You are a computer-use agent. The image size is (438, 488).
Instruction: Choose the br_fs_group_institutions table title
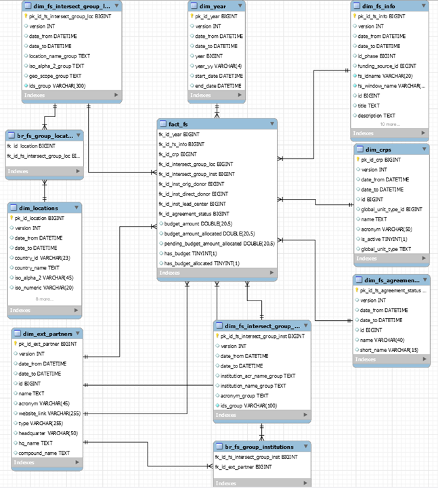pyautogui.click(x=259, y=447)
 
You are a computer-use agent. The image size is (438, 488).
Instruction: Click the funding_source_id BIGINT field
pyautogui.click(x=387, y=66)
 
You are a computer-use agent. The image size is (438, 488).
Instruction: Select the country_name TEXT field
pyautogui.click(x=40, y=267)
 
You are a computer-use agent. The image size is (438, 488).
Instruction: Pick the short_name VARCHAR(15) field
pyautogui.click(x=385, y=349)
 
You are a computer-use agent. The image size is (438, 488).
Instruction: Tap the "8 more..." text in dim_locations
pyautogui.click(x=45, y=298)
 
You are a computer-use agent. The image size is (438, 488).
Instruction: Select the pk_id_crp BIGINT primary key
pyautogui.click(x=382, y=160)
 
